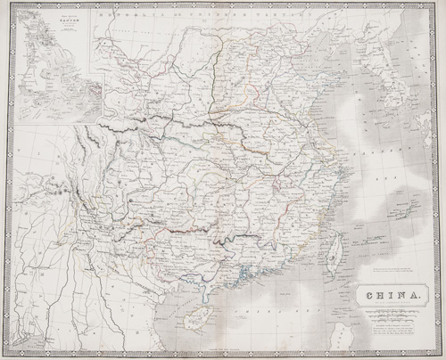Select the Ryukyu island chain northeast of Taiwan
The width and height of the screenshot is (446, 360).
click(392, 200)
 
